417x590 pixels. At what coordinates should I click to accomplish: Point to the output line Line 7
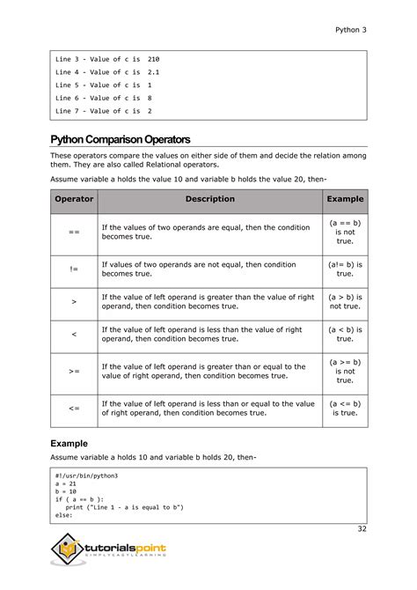[103, 112]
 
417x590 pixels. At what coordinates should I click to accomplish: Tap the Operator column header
[74, 199]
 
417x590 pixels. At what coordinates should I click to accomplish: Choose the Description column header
[209, 199]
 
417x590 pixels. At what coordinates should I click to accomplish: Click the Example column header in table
[345, 199]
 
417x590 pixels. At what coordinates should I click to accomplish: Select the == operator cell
[74, 232]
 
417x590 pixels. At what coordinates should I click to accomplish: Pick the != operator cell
[74, 269]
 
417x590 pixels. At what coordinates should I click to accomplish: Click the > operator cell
[74, 302]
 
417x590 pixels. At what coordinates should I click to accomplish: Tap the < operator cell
[74, 335]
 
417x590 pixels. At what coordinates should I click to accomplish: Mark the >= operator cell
[74, 372]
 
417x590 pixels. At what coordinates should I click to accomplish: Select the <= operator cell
[74, 409]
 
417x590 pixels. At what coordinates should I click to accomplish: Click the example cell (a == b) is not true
[345, 232]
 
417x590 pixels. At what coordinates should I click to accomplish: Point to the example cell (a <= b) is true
[345, 409]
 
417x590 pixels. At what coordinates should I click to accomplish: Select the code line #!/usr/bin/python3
[86, 476]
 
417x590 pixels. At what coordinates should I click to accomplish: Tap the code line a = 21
[66, 483]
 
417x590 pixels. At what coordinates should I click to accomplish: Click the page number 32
[362, 528]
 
